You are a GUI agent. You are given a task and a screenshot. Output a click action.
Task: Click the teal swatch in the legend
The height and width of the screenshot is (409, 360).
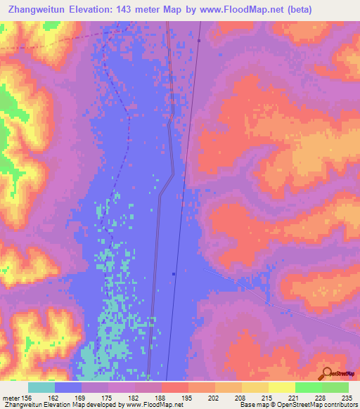pos(41,387)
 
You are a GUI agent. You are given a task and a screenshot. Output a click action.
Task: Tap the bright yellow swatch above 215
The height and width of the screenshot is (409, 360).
pos(255,387)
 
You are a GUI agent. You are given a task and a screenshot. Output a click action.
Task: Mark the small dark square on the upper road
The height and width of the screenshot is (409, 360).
pos(199,40)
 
